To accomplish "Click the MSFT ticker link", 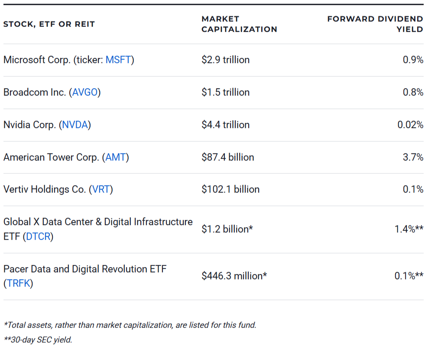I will click(x=118, y=60).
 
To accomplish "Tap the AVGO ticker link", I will click(x=85, y=92).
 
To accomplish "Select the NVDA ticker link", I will click(x=75, y=125).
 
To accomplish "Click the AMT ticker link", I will click(x=116, y=157).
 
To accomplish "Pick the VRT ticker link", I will click(x=101, y=190).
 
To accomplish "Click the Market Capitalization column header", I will click(x=239, y=24).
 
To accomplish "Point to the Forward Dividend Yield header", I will click(x=375, y=24).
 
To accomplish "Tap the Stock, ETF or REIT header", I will click(x=49, y=24).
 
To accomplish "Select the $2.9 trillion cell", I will click(x=225, y=60).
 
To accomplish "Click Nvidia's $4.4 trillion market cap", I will click(x=225, y=125).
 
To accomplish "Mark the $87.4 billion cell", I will click(x=228, y=157).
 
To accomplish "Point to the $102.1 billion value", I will click(x=230, y=190).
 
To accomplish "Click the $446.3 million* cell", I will click(x=234, y=276).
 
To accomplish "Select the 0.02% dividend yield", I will click(x=410, y=125).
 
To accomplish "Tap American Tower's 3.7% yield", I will click(x=413, y=157).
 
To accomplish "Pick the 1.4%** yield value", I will click(x=409, y=229).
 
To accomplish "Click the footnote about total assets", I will click(x=130, y=325).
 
